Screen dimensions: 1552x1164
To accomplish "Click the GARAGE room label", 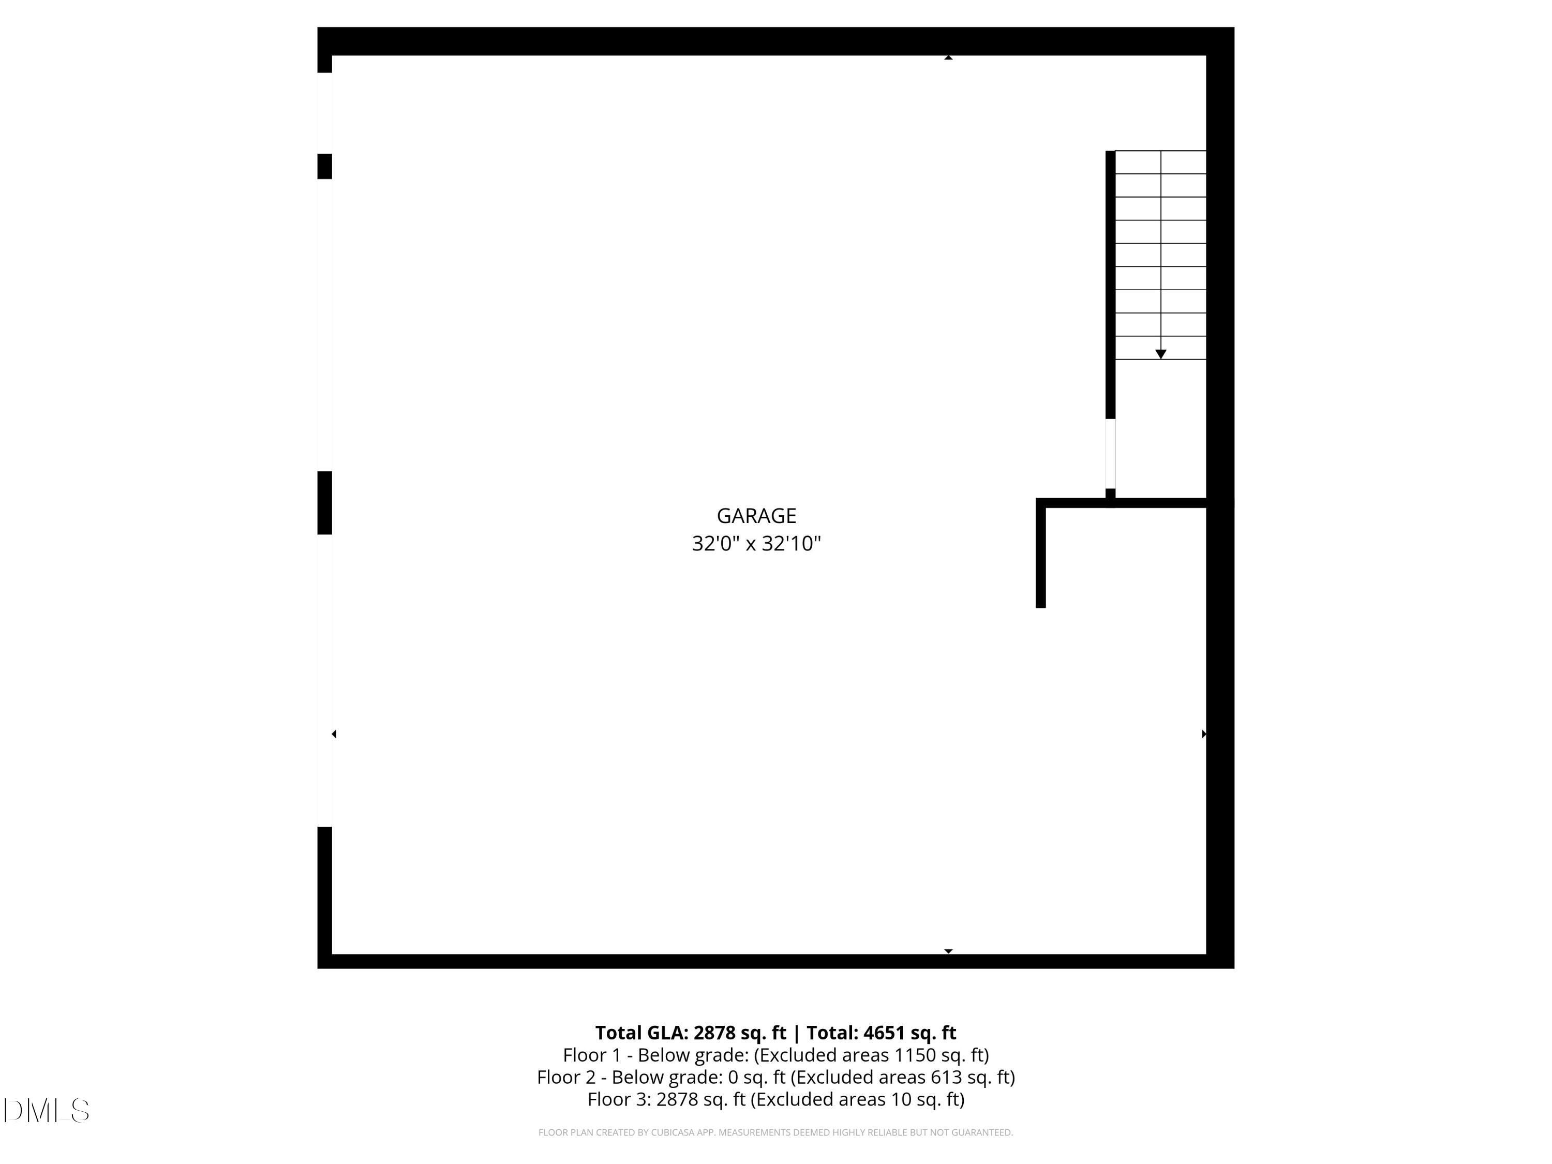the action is pyautogui.click(x=756, y=516).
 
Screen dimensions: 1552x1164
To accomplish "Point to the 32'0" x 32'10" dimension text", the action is pyautogui.click(x=756, y=544).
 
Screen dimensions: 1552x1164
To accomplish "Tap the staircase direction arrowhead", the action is pyautogui.click(x=1160, y=354).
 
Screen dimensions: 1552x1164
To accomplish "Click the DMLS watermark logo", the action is pyautogui.click(x=47, y=1111).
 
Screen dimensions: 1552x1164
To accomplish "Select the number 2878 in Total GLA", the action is pyautogui.click(x=715, y=1033).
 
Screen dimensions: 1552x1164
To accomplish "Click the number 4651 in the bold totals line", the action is pyautogui.click(x=884, y=1033).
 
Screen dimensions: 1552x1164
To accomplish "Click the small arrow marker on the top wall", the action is pyautogui.click(x=948, y=57).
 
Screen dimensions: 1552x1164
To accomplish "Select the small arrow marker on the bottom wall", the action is pyautogui.click(x=948, y=951).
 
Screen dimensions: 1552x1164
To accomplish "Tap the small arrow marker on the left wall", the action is pyautogui.click(x=334, y=734).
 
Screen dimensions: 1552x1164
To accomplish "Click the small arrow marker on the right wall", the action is pyautogui.click(x=1204, y=734).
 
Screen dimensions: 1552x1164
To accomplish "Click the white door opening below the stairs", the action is pyautogui.click(x=1110, y=454).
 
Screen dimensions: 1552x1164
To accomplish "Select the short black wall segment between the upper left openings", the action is pyautogui.click(x=324, y=166).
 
